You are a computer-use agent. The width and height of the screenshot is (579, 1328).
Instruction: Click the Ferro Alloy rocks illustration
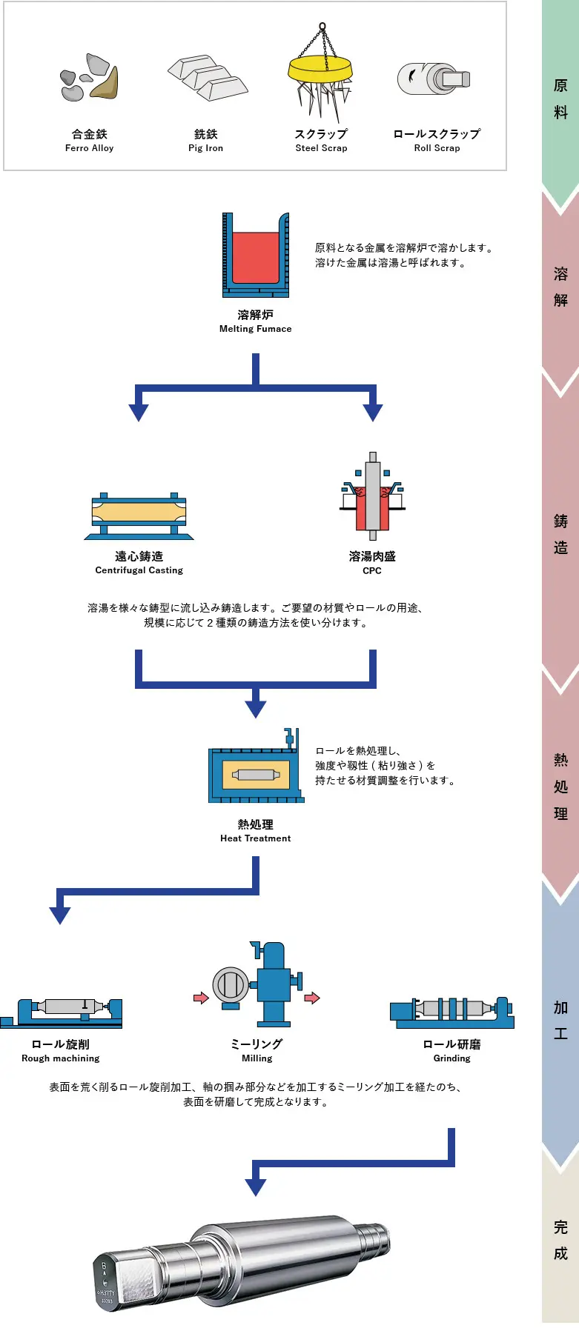89,79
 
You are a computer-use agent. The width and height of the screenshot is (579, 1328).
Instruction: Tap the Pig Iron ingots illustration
207,77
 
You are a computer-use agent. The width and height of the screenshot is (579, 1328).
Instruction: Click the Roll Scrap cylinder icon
434,79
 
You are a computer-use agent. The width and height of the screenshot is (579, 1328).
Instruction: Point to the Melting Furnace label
255,321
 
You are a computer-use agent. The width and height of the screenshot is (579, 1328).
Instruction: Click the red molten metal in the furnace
256,256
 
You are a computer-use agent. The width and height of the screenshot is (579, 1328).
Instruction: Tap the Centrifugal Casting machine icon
139,515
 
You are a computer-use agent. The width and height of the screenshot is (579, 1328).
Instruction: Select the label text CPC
372,571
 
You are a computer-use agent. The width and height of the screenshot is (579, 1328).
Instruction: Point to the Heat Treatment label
255,830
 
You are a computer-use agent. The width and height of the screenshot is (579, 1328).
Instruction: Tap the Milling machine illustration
257,984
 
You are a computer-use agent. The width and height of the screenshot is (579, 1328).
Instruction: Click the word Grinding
451,1058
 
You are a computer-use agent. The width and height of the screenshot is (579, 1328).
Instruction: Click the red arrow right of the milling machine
312,998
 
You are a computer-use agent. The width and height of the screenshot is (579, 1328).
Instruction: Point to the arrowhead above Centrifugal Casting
139,413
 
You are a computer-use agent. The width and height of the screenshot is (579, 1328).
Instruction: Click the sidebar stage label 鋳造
560,534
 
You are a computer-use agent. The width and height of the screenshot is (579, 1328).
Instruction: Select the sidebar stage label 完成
560,1240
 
